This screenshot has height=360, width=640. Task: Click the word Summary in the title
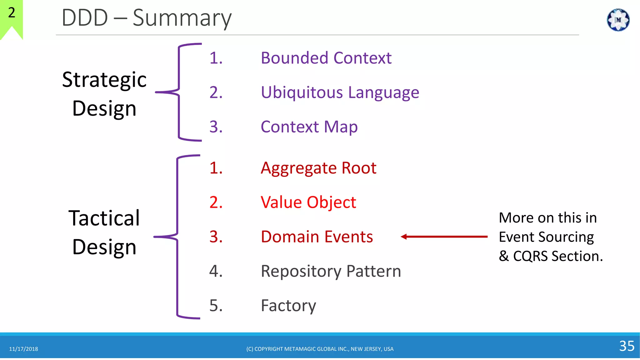182,18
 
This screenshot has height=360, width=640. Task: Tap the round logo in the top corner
618,20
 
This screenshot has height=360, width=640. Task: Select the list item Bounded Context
326,58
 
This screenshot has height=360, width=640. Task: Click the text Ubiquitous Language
340,92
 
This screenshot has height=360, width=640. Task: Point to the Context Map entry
309,127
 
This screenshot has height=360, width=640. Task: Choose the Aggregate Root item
318,168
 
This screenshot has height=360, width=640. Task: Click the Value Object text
308,202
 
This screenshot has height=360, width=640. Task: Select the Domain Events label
317,237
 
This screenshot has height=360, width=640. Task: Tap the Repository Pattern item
331,271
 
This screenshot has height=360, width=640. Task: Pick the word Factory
288,306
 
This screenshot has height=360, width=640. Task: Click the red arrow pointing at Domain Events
444,237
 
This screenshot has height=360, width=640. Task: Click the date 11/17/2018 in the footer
23,349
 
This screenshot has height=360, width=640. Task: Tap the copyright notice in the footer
320,349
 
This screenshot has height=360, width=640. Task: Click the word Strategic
104,80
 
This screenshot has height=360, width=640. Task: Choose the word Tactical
104,218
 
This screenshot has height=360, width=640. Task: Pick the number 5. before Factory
216,306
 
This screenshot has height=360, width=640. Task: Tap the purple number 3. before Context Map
216,127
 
